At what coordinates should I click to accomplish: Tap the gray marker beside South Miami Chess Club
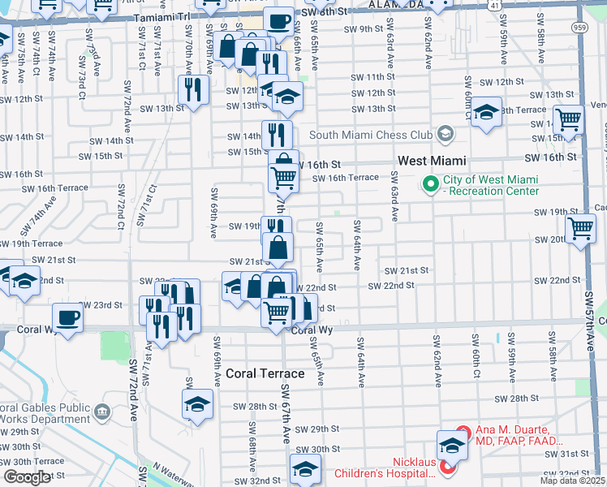pyautogui.click(x=444, y=133)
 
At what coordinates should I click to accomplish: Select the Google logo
pyautogui.click(x=27, y=477)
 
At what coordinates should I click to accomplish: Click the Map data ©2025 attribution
pyautogui.click(x=572, y=481)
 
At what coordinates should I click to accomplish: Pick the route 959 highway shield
pyautogui.click(x=597, y=25)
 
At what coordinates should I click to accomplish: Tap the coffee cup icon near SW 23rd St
pyautogui.click(x=68, y=317)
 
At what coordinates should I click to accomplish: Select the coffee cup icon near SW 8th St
pyautogui.click(x=278, y=21)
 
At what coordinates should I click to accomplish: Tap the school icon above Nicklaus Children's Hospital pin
pyautogui.click(x=452, y=443)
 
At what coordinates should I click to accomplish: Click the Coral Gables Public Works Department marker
pyautogui.click(x=102, y=413)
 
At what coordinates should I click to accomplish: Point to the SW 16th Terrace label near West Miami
pyautogui.click(x=345, y=178)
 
